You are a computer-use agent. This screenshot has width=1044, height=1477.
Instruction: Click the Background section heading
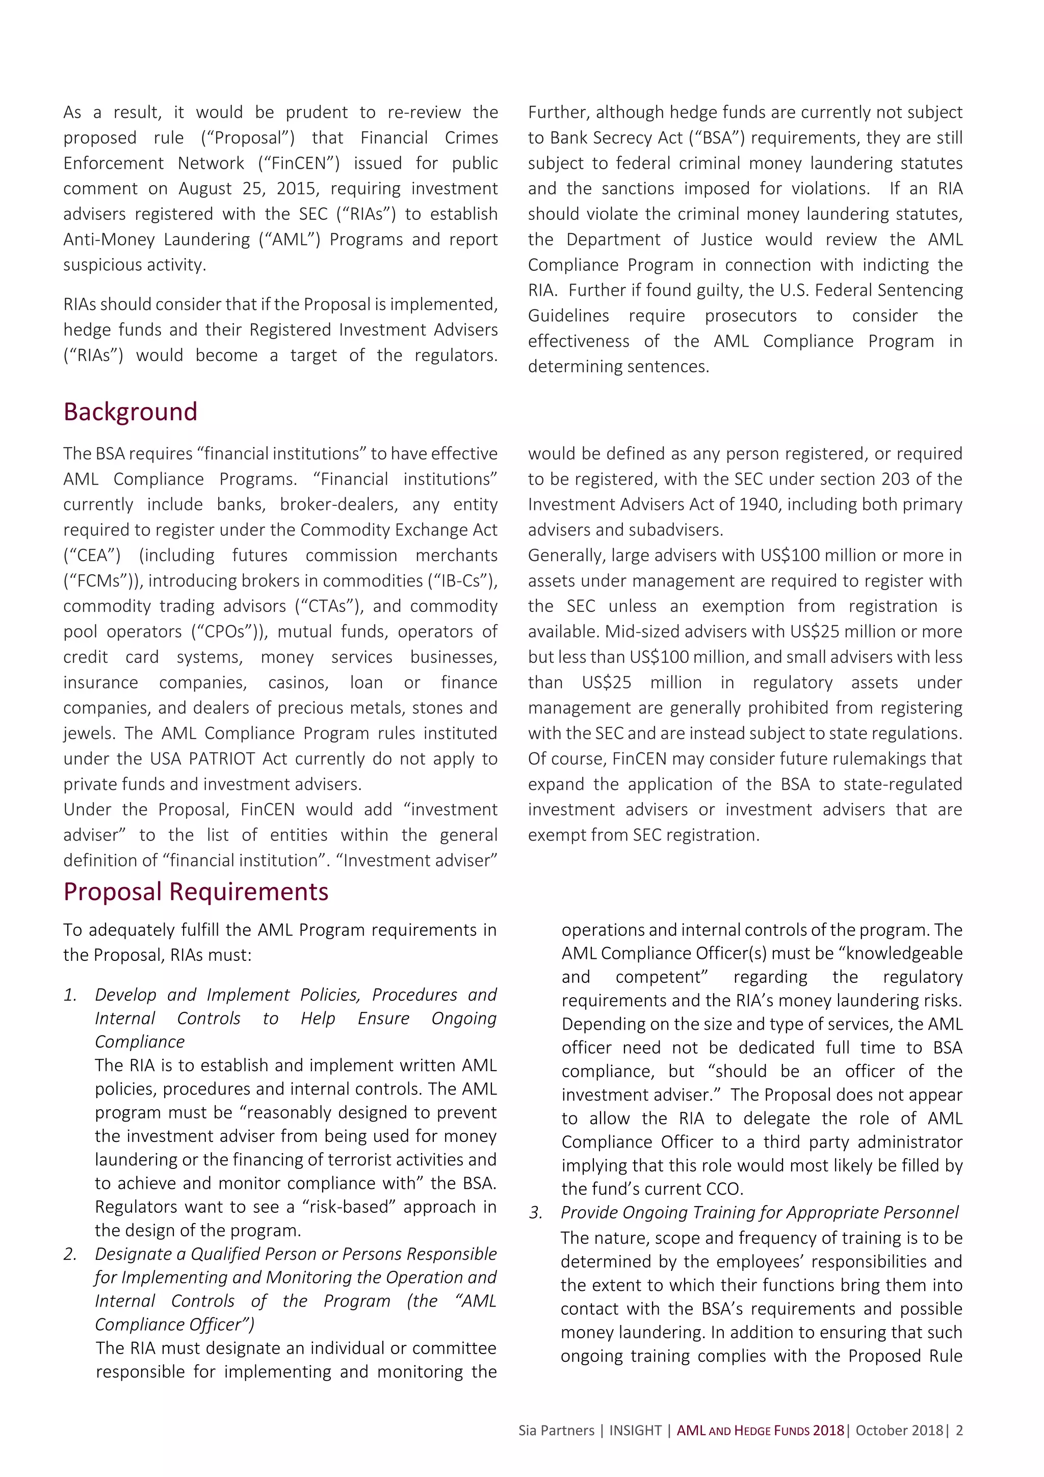130,412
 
